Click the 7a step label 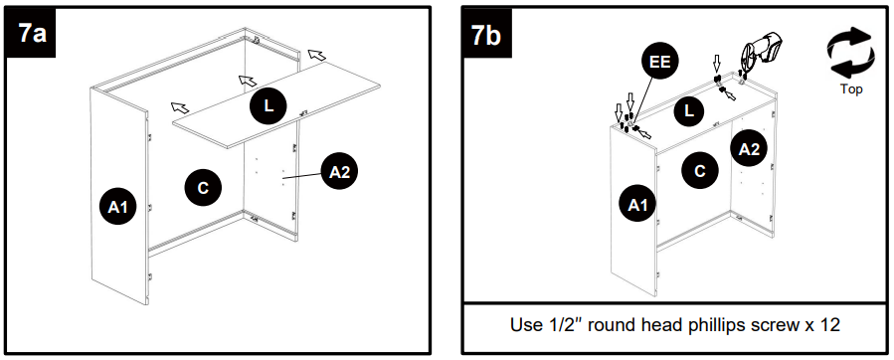coord(31,33)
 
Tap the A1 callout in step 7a coord(118,208)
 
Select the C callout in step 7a coord(203,188)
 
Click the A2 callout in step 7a coord(340,171)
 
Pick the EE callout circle coord(660,63)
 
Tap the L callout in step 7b coord(689,111)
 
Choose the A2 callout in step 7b coord(749,149)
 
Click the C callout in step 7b coord(700,171)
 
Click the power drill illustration coord(762,53)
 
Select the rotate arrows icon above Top coord(850,53)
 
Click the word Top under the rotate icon coord(851,90)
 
